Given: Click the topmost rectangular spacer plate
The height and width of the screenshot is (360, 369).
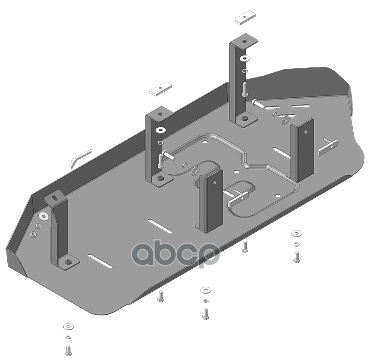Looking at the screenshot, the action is click(x=245, y=18).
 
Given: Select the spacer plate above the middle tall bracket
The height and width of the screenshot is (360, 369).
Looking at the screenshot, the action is click(x=161, y=89).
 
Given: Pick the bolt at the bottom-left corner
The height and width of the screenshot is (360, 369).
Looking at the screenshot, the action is click(x=68, y=350).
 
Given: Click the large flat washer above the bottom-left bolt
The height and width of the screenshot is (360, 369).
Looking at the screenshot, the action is click(x=68, y=326).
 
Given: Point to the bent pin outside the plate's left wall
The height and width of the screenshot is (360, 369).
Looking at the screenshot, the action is click(x=80, y=158).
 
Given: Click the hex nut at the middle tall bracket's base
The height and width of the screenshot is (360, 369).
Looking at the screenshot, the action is click(x=161, y=177).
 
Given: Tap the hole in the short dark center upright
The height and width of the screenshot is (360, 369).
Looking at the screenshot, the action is click(x=215, y=182).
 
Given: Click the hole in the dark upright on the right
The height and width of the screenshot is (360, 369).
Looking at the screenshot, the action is click(x=306, y=132).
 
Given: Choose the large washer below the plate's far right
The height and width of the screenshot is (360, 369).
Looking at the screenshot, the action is click(x=297, y=233).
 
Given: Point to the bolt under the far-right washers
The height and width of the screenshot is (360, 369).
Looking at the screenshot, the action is click(x=297, y=257).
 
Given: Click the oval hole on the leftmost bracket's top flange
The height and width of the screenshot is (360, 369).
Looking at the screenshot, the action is click(x=55, y=198).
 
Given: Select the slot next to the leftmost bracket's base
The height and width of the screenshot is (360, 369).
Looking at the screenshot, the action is click(x=100, y=261).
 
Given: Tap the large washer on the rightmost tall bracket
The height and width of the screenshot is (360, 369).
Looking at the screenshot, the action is click(x=245, y=59).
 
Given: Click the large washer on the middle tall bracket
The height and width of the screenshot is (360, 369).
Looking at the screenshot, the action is click(x=161, y=130).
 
